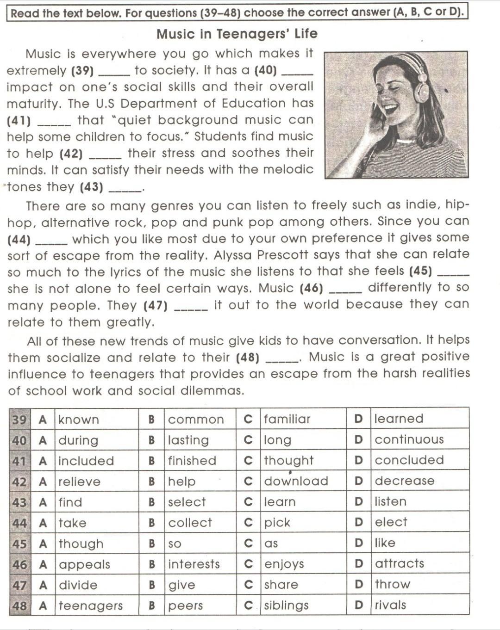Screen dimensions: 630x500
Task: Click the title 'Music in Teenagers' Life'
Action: (237, 34)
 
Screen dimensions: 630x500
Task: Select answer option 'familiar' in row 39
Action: (287, 419)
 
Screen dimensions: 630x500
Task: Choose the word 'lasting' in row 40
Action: (188, 440)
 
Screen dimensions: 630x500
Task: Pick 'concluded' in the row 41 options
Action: (409, 460)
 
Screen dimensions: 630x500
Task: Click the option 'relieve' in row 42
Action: (79, 482)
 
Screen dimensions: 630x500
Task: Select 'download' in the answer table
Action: (296, 481)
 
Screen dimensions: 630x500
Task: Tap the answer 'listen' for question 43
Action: (390, 501)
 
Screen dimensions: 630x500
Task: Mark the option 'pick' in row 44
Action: (277, 523)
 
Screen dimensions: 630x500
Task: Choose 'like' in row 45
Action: (385, 543)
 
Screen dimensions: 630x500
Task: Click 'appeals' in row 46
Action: (84, 564)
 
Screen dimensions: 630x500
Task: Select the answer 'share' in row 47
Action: (281, 585)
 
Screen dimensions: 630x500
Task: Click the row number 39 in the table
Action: (19, 420)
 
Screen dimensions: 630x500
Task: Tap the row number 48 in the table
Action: (19, 605)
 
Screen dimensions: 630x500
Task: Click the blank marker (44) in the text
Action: (19, 240)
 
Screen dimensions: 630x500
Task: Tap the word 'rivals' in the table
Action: (390, 605)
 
